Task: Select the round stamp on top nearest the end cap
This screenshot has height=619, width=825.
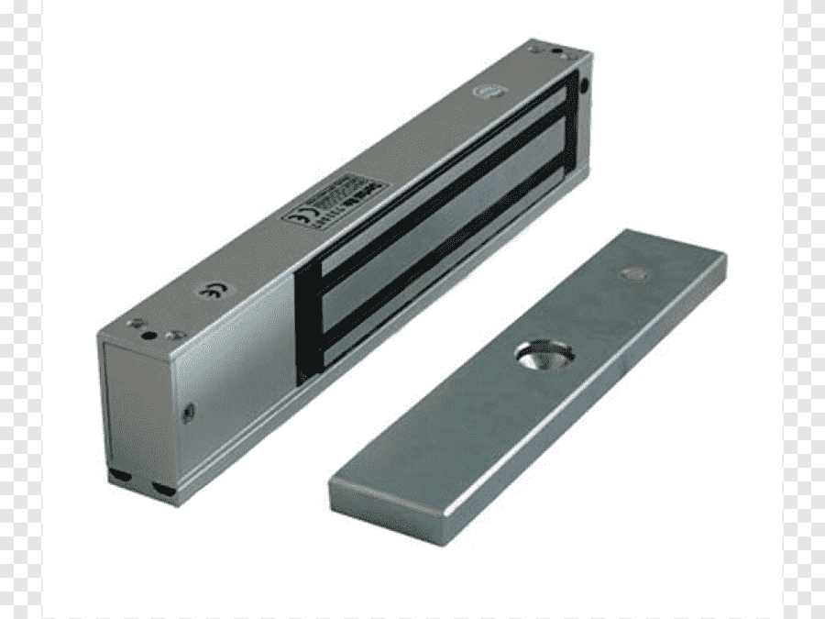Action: click(209, 293)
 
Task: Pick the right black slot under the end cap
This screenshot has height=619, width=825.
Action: click(165, 490)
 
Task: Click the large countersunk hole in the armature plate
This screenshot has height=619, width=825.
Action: click(544, 354)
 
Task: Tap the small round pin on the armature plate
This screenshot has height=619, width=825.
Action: click(631, 273)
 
